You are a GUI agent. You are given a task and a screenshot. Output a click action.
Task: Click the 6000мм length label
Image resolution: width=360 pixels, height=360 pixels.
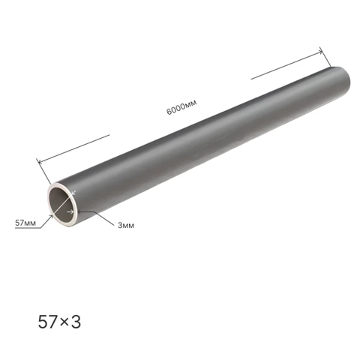click(181, 107)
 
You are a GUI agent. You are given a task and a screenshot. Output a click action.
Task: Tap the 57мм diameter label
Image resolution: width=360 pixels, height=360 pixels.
click(25, 223)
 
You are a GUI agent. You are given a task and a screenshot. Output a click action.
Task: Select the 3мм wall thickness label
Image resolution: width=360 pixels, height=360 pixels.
click(126, 226)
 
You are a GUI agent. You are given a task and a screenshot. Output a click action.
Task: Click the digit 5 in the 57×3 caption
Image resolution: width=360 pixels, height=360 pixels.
click(43, 322)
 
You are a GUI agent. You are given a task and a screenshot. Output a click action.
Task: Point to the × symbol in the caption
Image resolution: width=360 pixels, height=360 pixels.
click(64, 322)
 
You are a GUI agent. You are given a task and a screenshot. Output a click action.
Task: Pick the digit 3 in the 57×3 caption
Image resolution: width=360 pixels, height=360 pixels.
click(76, 322)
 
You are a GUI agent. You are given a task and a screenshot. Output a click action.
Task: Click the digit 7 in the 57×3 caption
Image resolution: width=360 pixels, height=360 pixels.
click(55, 322)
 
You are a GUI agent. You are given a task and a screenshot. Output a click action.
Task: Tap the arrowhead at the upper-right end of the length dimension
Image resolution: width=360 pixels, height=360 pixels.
click(319, 52)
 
